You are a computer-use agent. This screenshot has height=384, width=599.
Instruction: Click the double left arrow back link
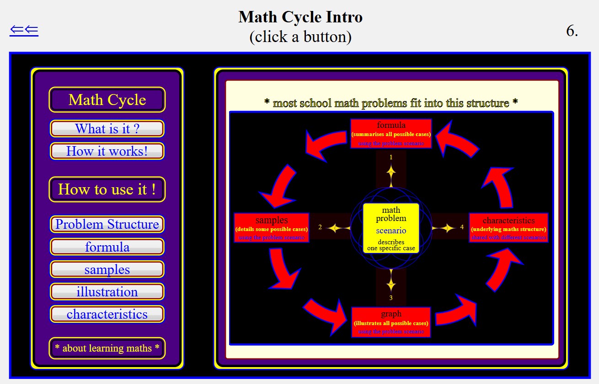click(24, 31)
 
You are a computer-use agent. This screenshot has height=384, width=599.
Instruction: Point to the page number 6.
click(572, 31)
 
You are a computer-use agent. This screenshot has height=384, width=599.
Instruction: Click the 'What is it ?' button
click(107, 128)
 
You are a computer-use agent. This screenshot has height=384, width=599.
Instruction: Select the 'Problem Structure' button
click(107, 224)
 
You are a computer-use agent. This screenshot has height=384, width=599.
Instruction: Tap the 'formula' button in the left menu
click(107, 247)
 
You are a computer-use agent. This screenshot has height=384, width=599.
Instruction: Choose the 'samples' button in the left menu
click(107, 269)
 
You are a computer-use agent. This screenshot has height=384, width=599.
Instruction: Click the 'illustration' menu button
click(107, 292)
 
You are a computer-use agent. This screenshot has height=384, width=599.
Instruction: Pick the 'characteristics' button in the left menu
click(107, 314)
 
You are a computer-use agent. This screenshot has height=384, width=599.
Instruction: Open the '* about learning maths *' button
click(107, 348)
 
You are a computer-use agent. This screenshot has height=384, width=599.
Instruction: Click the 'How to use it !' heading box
click(107, 189)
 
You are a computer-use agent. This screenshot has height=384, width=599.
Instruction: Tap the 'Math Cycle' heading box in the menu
click(107, 100)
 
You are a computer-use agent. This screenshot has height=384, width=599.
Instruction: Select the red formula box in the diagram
click(391, 133)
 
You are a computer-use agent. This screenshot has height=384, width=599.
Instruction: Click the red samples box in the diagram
click(272, 228)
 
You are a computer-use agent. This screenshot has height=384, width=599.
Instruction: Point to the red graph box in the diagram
click(391, 322)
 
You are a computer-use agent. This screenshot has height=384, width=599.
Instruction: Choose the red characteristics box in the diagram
click(508, 228)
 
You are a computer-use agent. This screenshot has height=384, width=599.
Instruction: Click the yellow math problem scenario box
click(391, 228)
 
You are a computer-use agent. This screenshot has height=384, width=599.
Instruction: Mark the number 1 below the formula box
click(391, 157)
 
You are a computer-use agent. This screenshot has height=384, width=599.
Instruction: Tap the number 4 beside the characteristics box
click(462, 227)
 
